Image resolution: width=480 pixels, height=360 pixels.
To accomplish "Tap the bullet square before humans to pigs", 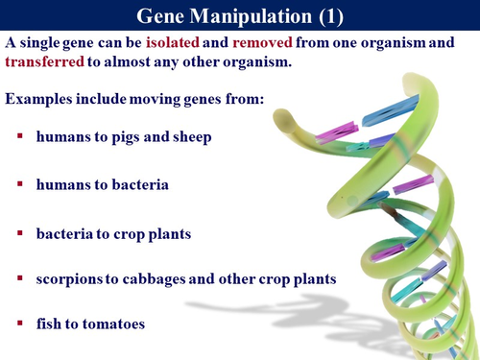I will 20,137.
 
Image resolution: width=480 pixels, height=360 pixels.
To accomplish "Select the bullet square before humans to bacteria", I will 20,184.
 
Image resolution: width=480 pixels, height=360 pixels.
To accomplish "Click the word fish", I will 50,324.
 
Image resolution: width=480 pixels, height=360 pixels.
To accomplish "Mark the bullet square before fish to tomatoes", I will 20,324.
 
